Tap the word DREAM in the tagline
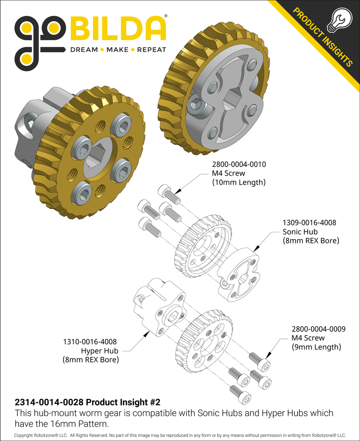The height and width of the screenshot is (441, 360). pos(84,50)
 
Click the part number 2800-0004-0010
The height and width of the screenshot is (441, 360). pos(239,164)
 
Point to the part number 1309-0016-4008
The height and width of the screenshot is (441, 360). pos(309,223)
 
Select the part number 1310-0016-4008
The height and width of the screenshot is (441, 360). pos(90,342)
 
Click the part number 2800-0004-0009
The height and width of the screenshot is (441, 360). pos(318,329)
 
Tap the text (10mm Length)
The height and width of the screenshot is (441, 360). pos(239,182)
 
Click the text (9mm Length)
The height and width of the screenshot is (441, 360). pos(316,347)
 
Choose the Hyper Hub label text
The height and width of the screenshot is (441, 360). pos(100,351)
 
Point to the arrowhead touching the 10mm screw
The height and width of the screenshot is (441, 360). pos(177,191)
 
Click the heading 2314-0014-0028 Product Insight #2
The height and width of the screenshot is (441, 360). pos(87,402)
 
